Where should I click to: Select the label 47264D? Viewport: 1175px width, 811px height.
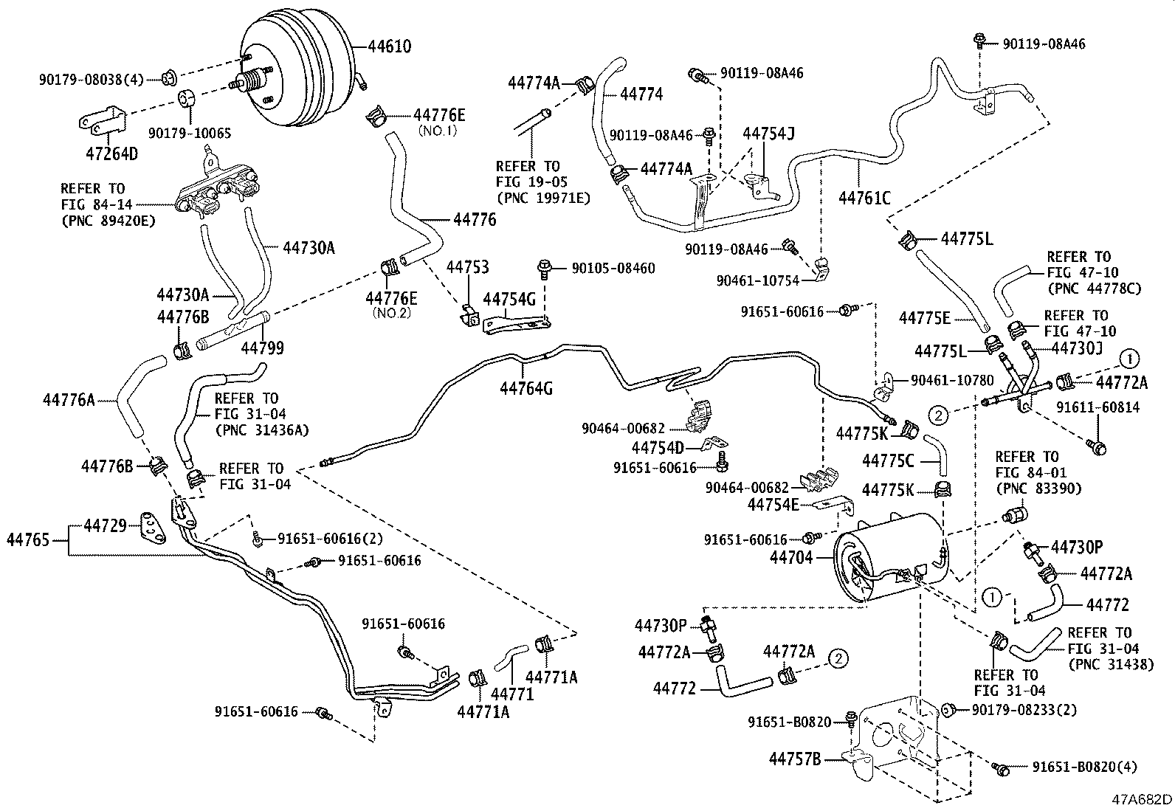pos(113,153)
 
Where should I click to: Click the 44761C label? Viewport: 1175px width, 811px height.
pos(864,198)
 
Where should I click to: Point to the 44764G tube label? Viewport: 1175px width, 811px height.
pos(526,388)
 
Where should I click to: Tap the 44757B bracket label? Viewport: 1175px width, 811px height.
pos(795,758)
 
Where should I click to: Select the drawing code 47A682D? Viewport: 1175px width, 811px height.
pos(1143,800)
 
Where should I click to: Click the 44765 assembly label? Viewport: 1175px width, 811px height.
pos(28,539)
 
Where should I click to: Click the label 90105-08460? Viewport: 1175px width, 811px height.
pos(613,269)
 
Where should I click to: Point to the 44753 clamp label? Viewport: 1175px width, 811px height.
pos(467,266)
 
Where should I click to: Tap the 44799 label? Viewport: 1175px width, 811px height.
pos(262,348)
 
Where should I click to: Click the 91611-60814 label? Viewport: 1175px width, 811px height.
pos(1097,407)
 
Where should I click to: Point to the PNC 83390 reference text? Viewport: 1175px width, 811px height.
pos(1038,489)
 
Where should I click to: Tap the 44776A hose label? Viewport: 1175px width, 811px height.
pos(69,400)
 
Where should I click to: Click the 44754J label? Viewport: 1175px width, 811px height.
pos(768,134)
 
